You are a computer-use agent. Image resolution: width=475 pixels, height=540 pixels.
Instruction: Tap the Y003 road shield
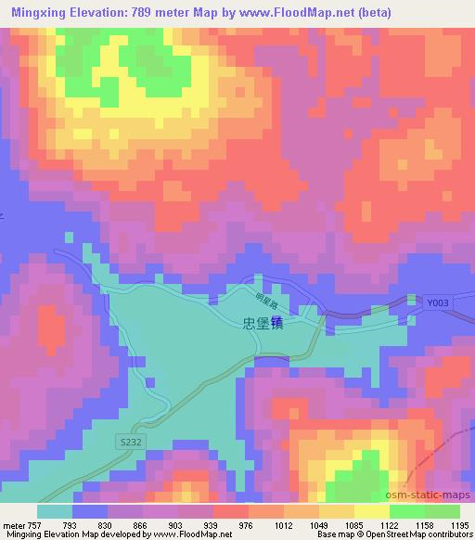pos(438,302)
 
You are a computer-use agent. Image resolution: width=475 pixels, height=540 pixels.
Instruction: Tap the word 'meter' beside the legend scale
pos(14,523)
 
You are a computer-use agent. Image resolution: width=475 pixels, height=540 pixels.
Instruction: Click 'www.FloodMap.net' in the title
pos(294,12)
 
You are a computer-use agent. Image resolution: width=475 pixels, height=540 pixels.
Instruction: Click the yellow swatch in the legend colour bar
pos(371,511)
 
